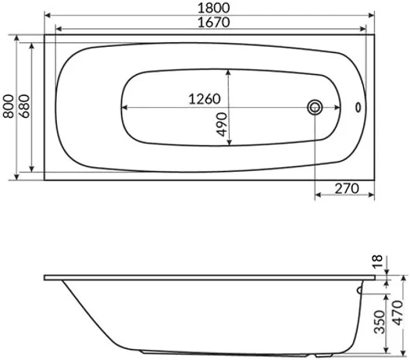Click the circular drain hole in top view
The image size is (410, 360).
tap(316, 107)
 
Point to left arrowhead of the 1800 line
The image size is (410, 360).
tap(46, 14)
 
